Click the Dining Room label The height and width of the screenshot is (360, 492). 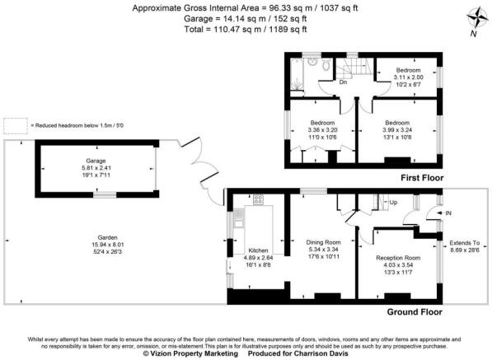[323, 241]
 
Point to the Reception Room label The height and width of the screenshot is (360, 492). [398, 258]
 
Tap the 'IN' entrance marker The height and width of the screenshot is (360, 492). [448, 212]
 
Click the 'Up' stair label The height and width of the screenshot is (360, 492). [393, 202]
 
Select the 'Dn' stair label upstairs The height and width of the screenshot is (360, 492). [341, 82]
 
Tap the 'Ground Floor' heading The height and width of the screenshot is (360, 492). [414, 312]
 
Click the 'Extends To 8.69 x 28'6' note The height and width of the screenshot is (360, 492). [464, 246]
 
